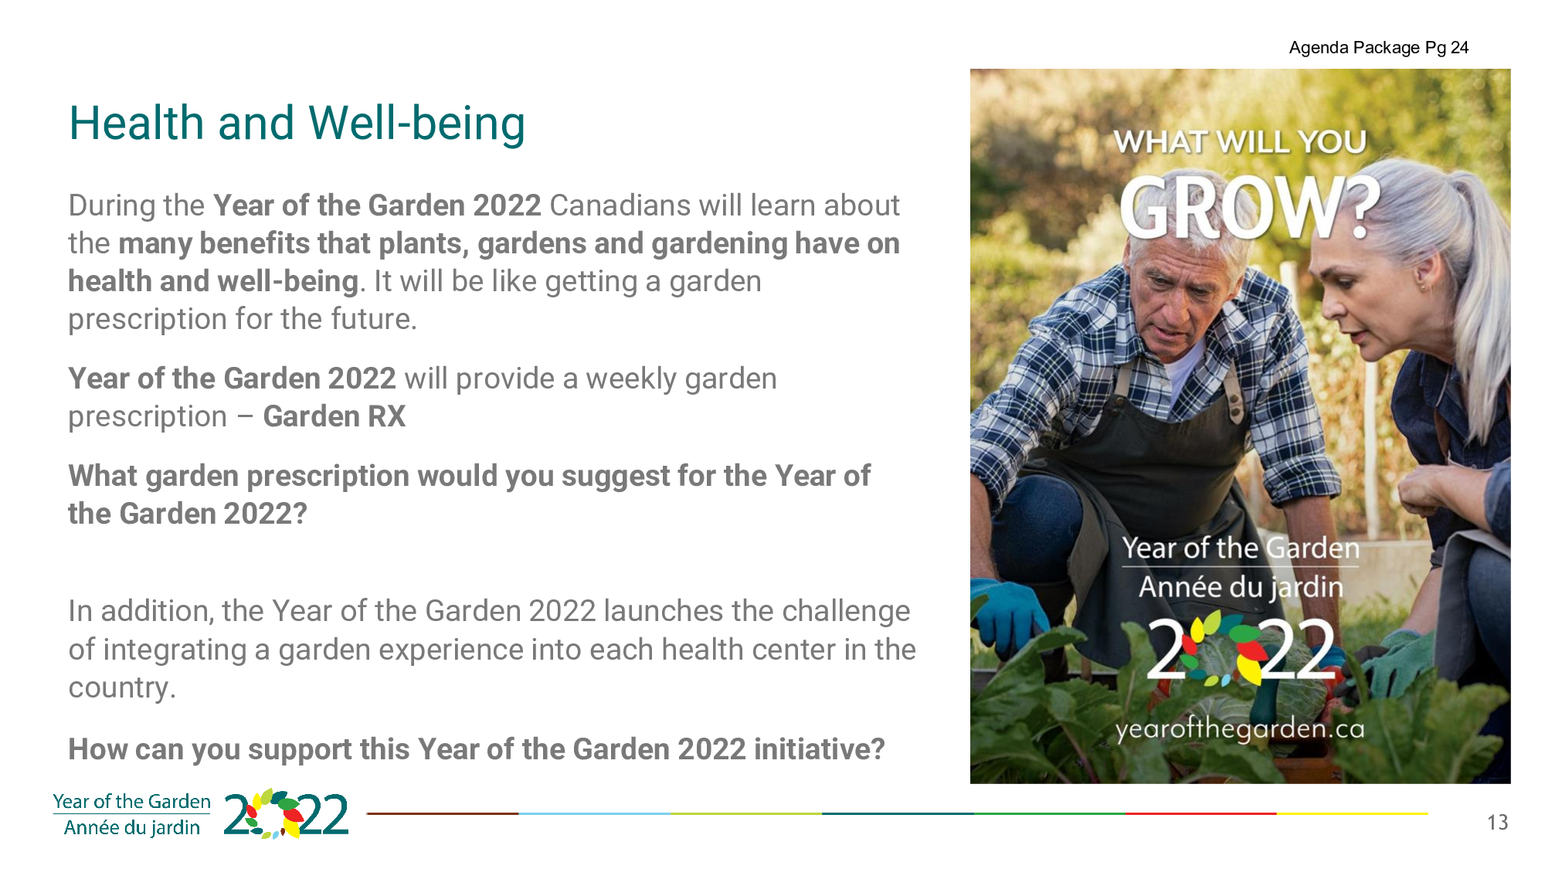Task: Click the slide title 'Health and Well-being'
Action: pos(297,124)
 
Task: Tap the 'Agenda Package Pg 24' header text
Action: pos(1379,48)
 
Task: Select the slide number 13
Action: pos(1498,823)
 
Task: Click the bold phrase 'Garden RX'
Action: pos(334,416)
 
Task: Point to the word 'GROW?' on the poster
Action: pos(1250,206)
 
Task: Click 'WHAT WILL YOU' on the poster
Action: pos(1240,142)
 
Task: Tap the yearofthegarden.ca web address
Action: pos(1240,729)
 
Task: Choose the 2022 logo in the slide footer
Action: pos(287,814)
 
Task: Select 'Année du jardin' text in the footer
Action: pos(132,828)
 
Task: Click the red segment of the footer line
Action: pos(1200,813)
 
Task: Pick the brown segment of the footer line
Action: pos(443,813)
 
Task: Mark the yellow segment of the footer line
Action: pos(1352,813)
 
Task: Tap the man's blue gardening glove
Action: pos(1004,614)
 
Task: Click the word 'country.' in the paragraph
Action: pos(122,688)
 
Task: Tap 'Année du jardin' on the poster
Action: pos(1241,587)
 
